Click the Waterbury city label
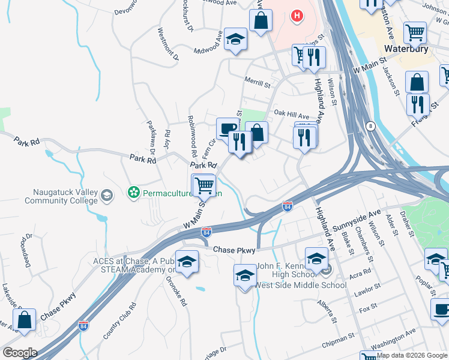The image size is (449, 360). (406, 49)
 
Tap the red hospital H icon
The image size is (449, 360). (296, 16)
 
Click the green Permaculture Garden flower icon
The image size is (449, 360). (134, 193)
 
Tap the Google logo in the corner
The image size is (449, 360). (20, 352)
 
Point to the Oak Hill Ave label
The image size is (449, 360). (291, 114)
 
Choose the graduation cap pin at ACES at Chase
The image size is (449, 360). (187, 261)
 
